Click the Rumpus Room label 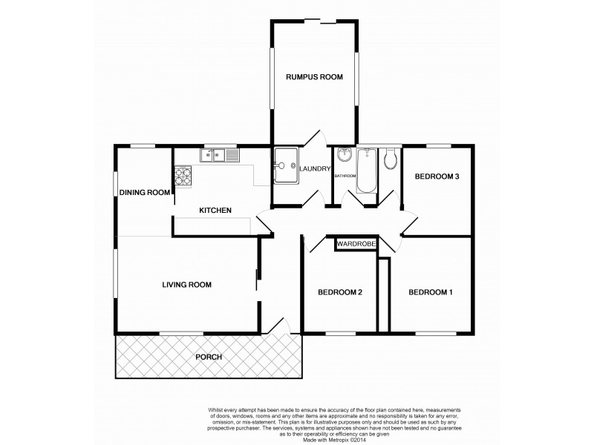coord(315,76)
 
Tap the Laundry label coord(316,169)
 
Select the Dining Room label coord(145,192)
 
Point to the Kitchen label coord(215,211)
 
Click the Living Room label coord(188,284)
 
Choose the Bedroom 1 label coord(431,291)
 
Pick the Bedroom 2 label coord(339,292)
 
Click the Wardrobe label coord(356,243)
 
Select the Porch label coord(209,357)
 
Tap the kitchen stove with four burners coord(183,177)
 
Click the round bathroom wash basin coord(345,156)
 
